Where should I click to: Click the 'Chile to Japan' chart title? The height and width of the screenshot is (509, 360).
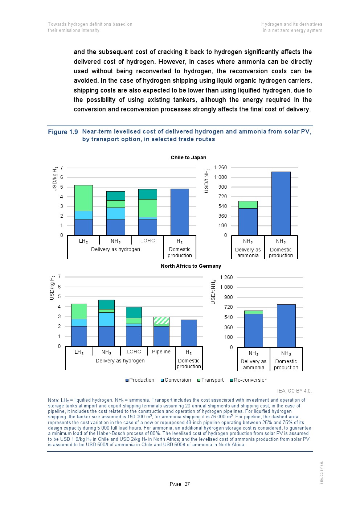pyautogui.click(x=188, y=157)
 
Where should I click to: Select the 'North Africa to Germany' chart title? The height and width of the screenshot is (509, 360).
pyautogui.click(x=191, y=266)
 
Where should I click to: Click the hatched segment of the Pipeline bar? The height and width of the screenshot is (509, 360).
pyautogui.click(x=161, y=320)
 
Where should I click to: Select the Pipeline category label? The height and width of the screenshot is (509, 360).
pyautogui.click(x=161, y=352)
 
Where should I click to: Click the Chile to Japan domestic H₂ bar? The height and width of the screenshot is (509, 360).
pyautogui.click(x=180, y=212)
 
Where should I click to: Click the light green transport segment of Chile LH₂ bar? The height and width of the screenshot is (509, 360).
pyautogui.click(x=83, y=198)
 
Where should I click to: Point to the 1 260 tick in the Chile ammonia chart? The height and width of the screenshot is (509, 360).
pyautogui.click(x=221, y=167)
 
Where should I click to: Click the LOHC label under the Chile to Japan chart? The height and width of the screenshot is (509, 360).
pyautogui.click(x=147, y=241)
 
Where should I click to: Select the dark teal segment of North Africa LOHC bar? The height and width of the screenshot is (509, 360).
pyautogui.click(x=134, y=312)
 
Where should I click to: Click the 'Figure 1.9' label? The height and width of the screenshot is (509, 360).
pyautogui.click(x=63, y=132)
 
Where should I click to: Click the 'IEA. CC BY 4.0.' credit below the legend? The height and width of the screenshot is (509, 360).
pyautogui.click(x=294, y=391)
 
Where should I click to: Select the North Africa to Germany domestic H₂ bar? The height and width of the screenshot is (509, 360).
pyautogui.click(x=189, y=333)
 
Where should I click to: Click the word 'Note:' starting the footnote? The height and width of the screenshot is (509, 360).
pyautogui.click(x=53, y=400)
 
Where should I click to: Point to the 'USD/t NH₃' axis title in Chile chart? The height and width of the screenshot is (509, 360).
pyautogui.click(x=207, y=181)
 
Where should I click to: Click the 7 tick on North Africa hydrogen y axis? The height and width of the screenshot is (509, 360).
pyautogui.click(x=60, y=276)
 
